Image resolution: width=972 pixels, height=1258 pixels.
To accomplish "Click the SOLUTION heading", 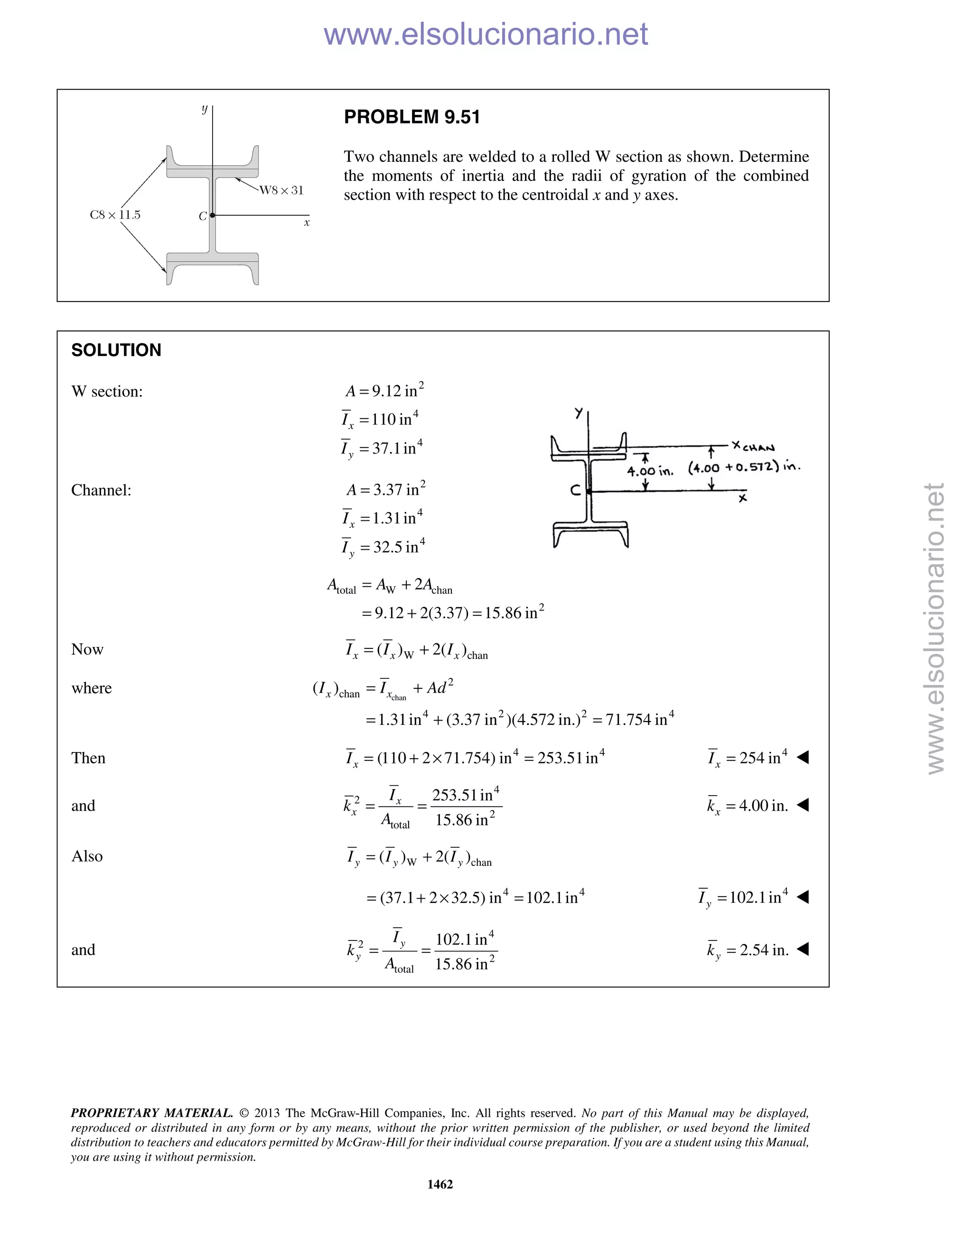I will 116,350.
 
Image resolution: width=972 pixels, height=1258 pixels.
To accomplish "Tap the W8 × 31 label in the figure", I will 281,190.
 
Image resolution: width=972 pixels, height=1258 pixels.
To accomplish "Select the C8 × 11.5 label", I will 115,215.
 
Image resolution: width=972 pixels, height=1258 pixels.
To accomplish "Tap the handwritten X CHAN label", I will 753,446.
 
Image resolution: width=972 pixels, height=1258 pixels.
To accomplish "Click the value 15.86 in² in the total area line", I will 514,612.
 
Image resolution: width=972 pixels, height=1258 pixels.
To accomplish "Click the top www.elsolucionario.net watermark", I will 486,34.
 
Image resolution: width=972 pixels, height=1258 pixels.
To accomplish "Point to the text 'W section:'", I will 107,392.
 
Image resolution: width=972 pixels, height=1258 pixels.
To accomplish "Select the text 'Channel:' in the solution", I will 102,490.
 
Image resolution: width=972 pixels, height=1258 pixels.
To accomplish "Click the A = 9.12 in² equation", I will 384,391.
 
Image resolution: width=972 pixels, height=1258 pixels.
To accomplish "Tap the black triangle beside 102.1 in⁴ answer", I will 803,897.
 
